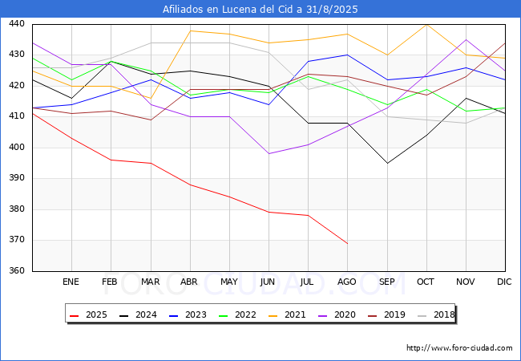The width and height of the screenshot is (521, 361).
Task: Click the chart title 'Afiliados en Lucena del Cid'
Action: click(x=260, y=10)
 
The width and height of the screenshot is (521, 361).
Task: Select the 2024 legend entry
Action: click(x=137, y=315)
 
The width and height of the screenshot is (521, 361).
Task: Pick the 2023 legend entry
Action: click(x=187, y=315)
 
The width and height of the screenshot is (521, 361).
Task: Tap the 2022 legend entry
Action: click(x=236, y=315)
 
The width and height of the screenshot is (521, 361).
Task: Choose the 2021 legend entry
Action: click(x=286, y=315)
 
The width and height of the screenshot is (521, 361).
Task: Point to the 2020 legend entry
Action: click(x=336, y=315)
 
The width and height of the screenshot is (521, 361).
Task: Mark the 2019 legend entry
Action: click(x=386, y=315)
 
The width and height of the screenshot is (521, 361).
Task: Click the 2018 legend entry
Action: click(x=435, y=315)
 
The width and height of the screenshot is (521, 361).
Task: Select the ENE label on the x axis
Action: click(x=71, y=282)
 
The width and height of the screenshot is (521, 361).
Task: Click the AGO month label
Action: click(x=347, y=282)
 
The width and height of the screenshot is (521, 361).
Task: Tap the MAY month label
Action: click(x=228, y=282)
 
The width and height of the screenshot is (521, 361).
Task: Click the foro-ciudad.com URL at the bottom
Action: click(x=459, y=348)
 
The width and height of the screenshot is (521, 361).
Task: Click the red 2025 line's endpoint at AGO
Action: click(x=347, y=243)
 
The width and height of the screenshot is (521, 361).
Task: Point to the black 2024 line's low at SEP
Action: click(x=387, y=164)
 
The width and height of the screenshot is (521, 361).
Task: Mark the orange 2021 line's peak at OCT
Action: click(x=426, y=25)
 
